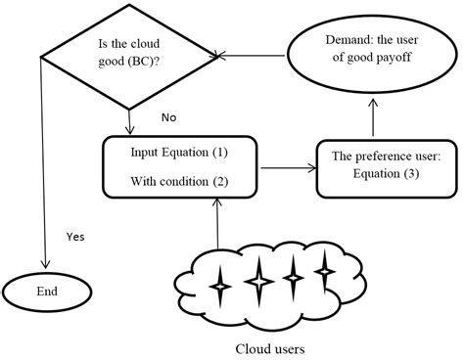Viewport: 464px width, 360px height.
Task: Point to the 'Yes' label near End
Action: point(74,236)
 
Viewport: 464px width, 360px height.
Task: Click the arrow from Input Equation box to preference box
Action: point(287,169)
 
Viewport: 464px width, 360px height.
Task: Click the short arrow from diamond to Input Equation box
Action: point(130,120)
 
